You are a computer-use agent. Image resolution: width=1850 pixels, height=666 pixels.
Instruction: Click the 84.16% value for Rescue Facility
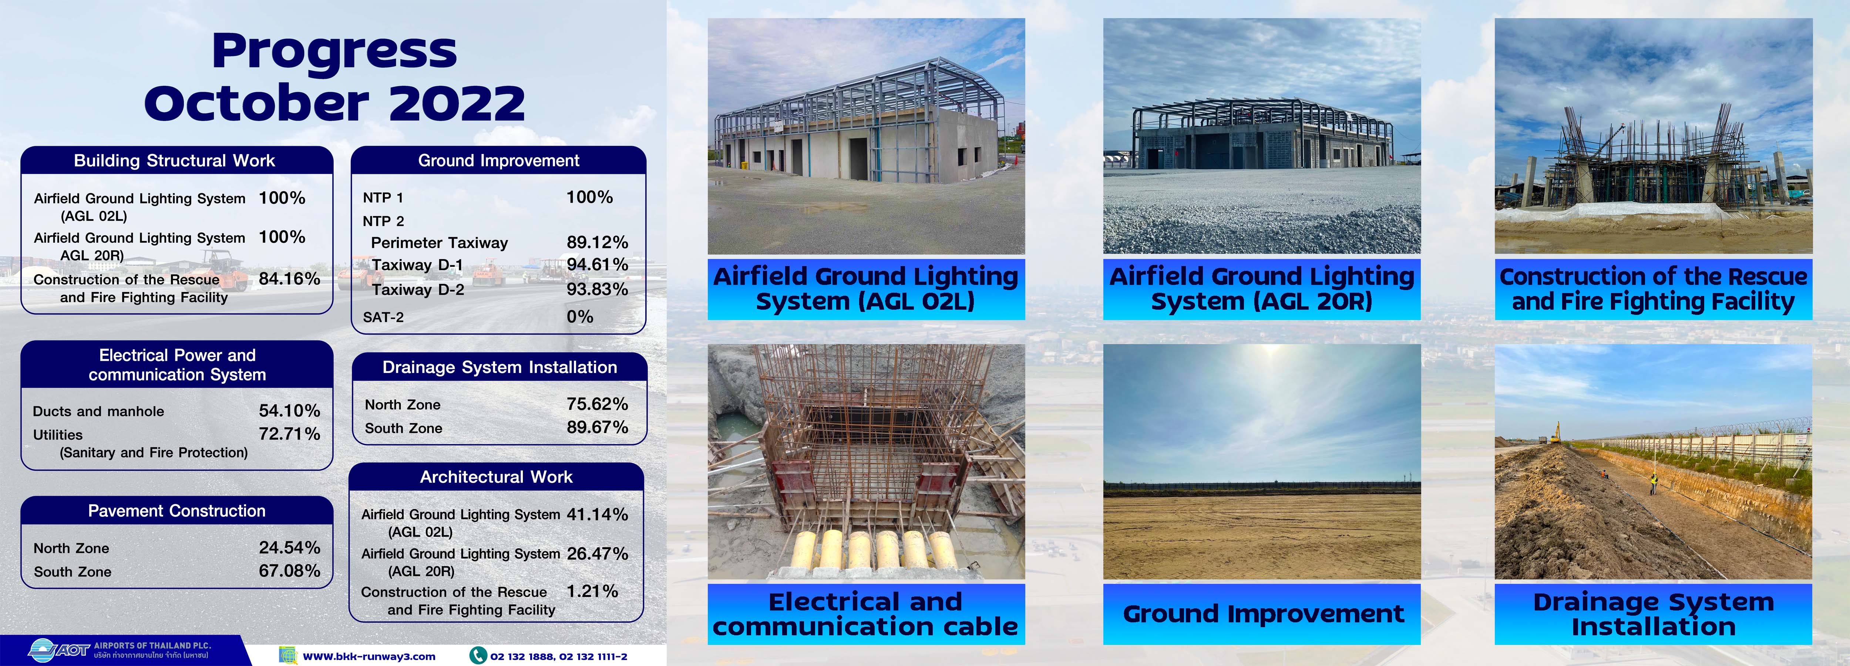point(289,279)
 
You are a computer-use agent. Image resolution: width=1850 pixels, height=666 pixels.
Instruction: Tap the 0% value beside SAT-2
point(579,317)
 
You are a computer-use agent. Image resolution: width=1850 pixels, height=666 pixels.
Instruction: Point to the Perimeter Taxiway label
point(439,243)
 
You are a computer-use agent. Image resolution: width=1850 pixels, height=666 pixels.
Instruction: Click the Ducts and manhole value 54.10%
point(289,411)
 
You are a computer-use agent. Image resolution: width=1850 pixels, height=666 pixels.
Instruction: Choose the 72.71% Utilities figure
point(289,434)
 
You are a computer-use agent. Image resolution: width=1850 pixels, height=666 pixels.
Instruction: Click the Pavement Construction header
point(176,511)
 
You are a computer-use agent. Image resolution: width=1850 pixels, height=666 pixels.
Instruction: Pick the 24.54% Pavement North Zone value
point(289,548)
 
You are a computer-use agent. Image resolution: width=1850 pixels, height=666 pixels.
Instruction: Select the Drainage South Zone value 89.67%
point(598,427)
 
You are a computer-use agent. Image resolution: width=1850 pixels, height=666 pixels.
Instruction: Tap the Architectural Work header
point(496,477)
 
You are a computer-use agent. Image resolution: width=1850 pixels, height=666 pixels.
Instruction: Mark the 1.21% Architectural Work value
point(592,591)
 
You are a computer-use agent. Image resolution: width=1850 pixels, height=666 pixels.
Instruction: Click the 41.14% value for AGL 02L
point(598,514)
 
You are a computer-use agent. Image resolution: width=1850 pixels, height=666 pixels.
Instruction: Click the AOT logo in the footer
point(59,650)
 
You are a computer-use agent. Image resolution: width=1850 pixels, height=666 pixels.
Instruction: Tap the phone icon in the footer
point(478,655)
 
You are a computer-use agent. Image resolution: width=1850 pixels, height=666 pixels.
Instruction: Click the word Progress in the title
point(335,51)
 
